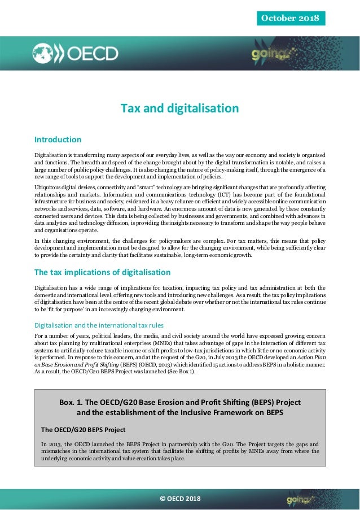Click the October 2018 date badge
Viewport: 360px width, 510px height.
coord(290,18)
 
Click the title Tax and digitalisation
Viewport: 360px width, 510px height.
coord(179,108)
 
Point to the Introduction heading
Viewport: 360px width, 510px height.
coord(58,140)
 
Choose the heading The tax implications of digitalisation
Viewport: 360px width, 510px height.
coord(103,272)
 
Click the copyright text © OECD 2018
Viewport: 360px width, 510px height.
coord(180,499)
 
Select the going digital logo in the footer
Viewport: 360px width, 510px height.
coord(300,499)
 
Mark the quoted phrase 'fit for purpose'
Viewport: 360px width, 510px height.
coord(63,309)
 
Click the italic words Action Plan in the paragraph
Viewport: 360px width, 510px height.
coord(310,357)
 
